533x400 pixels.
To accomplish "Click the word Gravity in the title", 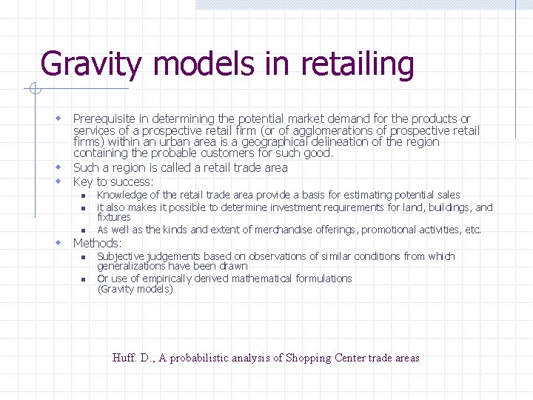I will [90, 64].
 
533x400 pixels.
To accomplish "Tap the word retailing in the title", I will [358, 64].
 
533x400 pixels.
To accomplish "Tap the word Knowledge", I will [121, 195].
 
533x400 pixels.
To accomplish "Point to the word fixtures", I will [113, 217].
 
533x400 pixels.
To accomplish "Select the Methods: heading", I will [98, 243].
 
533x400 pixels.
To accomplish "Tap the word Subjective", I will [121, 256].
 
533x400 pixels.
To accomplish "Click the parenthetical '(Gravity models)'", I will [135, 289].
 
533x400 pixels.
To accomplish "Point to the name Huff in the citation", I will [123, 358].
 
